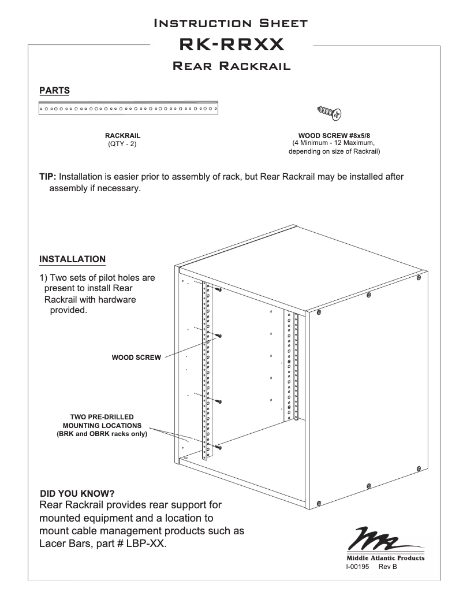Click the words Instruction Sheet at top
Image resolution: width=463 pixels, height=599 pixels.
pyautogui.click(x=231, y=23)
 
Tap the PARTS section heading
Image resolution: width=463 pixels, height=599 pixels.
pyautogui.click(x=54, y=90)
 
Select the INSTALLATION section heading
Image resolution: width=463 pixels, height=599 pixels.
pyautogui.click(x=72, y=258)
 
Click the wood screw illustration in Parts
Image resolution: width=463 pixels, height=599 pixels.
pyautogui.click(x=330, y=112)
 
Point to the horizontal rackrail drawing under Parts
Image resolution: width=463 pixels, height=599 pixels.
pyautogui.click(x=129, y=108)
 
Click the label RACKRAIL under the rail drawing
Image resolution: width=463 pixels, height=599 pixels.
pyautogui.click(x=122, y=136)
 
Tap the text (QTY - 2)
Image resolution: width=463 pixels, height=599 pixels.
pyautogui.click(x=122, y=144)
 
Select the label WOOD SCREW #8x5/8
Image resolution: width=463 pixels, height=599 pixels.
pyautogui.click(x=338, y=136)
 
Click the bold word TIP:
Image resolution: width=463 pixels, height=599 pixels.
pyautogui.click(x=47, y=177)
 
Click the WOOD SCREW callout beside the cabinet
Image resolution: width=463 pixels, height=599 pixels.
pyautogui.click(x=136, y=358)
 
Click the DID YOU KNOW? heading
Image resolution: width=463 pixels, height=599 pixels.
pyautogui.click(x=77, y=493)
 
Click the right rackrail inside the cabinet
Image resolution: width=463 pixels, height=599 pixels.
pyautogui.click(x=289, y=364)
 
